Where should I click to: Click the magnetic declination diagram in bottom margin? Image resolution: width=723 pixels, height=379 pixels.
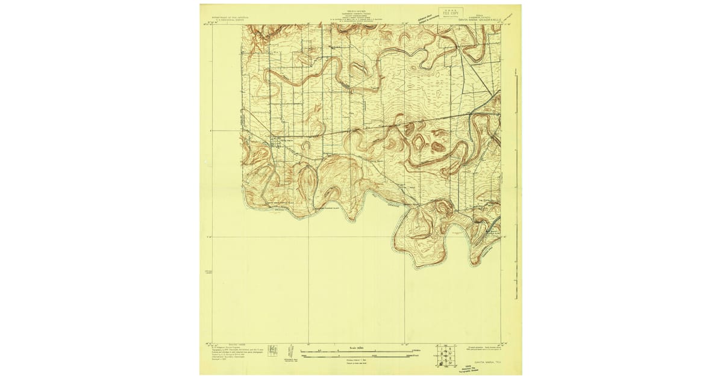[287, 354]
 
